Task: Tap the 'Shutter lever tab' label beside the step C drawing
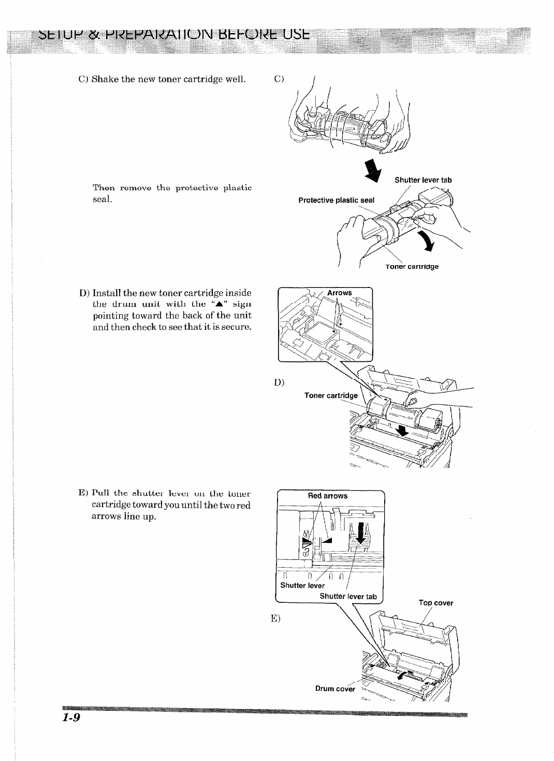pyautogui.click(x=423, y=180)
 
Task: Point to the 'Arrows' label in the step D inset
pyautogui.click(x=339, y=293)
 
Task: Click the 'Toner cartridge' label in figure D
pyautogui.click(x=331, y=395)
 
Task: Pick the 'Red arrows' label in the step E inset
pyautogui.click(x=328, y=496)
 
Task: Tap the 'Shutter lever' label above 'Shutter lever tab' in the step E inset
pyautogui.click(x=302, y=586)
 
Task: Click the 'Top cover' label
pyautogui.click(x=436, y=603)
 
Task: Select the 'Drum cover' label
pyautogui.click(x=335, y=689)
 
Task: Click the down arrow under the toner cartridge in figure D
pyautogui.click(x=401, y=429)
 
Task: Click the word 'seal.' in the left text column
pyautogui.click(x=103, y=199)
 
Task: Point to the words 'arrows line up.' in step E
pyautogui.click(x=124, y=516)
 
